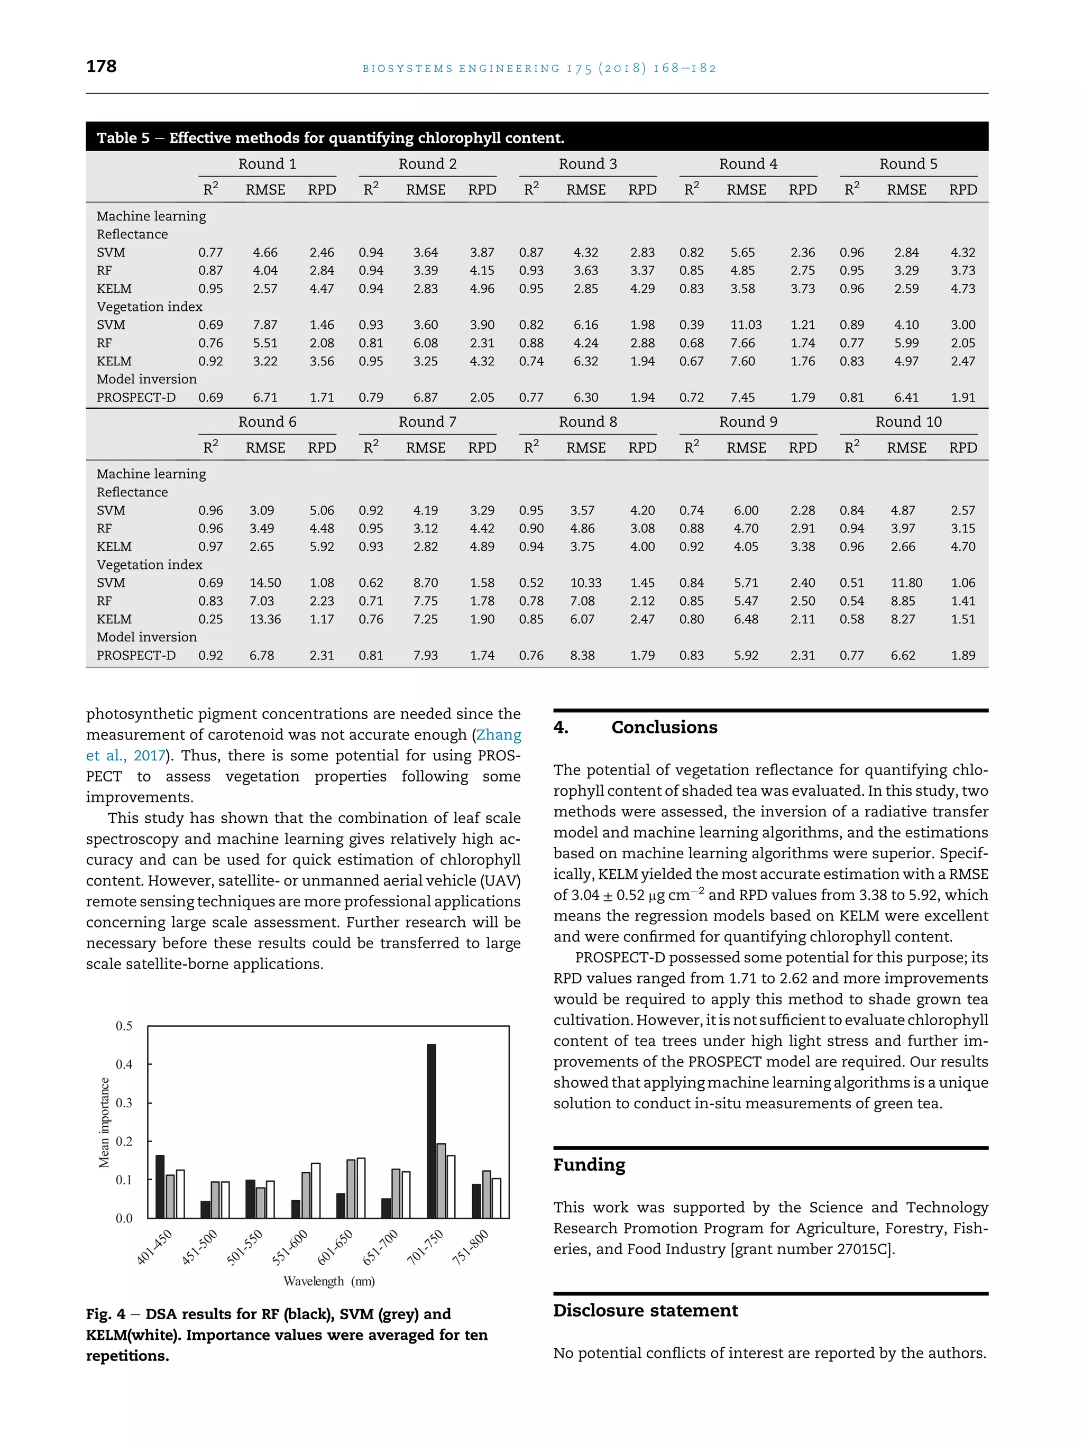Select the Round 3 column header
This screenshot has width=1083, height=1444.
(588, 164)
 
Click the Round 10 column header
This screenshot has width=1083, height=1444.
(908, 422)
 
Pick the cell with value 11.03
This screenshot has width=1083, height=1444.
(746, 325)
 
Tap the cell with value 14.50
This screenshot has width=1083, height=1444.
(265, 583)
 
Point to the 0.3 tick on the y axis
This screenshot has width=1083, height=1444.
(124, 1102)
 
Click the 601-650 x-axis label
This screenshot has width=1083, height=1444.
(336, 1247)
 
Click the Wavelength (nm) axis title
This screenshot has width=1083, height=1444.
(329, 1281)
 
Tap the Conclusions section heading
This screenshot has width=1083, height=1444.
(664, 727)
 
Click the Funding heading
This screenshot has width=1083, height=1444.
(589, 1165)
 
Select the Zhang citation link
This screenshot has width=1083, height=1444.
(499, 735)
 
